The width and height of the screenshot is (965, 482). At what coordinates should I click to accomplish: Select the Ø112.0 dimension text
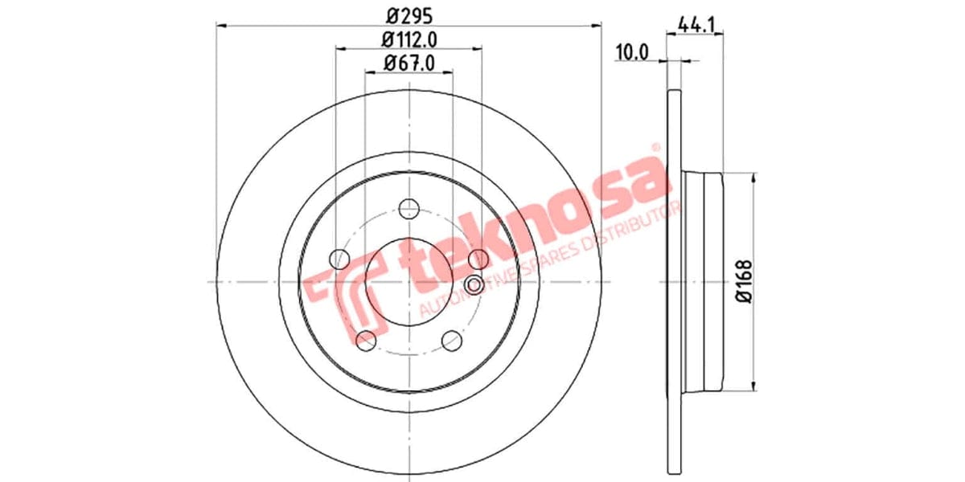click(409, 39)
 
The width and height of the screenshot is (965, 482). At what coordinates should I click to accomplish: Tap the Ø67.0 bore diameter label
click(409, 63)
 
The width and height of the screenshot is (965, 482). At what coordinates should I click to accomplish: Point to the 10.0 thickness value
click(631, 53)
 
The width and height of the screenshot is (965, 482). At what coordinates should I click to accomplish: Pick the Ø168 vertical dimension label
click(743, 281)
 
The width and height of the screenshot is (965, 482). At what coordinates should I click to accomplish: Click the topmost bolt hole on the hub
click(409, 206)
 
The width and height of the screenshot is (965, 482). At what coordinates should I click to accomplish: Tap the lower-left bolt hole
click(366, 340)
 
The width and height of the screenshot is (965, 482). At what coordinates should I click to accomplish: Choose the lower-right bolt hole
click(452, 340)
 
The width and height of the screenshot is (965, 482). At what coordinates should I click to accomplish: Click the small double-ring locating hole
click(474, 284)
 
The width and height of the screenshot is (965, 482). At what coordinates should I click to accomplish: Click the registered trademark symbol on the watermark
click(655, 149)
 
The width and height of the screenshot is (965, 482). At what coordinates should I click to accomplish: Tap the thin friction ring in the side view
click(675, 281)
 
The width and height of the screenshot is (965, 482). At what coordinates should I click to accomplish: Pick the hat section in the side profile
click(704, 281)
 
